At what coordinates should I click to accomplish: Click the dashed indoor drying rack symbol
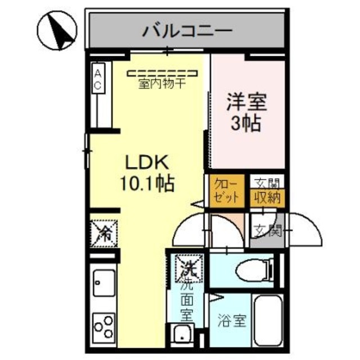[x=163, y=73]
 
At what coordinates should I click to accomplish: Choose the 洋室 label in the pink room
[x=247, y=103]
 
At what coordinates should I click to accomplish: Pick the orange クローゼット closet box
[x=227, y=191]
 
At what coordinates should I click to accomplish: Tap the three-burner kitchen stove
[x=103, y=327]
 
